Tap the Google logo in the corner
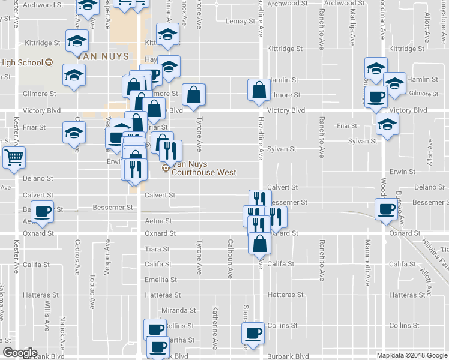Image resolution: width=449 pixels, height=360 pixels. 19,353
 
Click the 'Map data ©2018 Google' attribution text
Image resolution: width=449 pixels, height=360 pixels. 411,355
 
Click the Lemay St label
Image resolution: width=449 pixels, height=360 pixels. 240,22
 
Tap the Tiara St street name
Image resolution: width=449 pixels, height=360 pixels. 157,249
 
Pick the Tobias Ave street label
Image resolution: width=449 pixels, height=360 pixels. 92,290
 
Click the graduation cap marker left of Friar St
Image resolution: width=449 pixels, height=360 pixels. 74,133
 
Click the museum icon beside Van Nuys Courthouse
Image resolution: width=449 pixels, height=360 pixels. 166,168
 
